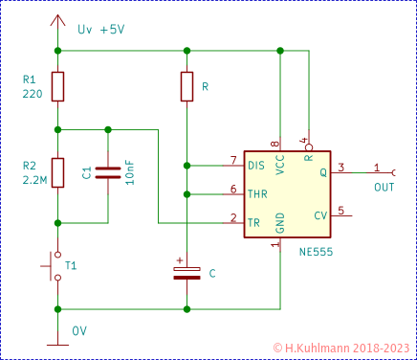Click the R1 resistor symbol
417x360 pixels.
coord(58,86)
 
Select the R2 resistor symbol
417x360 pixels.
coord(58,172)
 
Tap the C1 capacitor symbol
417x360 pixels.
coord(108,172)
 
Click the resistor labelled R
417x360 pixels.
coord(187,86)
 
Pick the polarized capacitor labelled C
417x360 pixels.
coord(187,273)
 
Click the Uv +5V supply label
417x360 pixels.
coord(100,30)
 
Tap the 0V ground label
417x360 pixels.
coord(79,330)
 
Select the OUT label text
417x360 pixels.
coord(384,187)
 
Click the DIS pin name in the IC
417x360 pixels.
coord(256,166)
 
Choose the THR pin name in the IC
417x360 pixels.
coord(256,194)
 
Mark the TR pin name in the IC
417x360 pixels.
coord(253,222)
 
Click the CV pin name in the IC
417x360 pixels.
coord(320,216)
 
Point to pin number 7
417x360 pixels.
coord(232,159)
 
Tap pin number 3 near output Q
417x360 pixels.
coord(340,167)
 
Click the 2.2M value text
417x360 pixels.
coord(33,179)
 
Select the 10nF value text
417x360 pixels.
coord(130,172)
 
